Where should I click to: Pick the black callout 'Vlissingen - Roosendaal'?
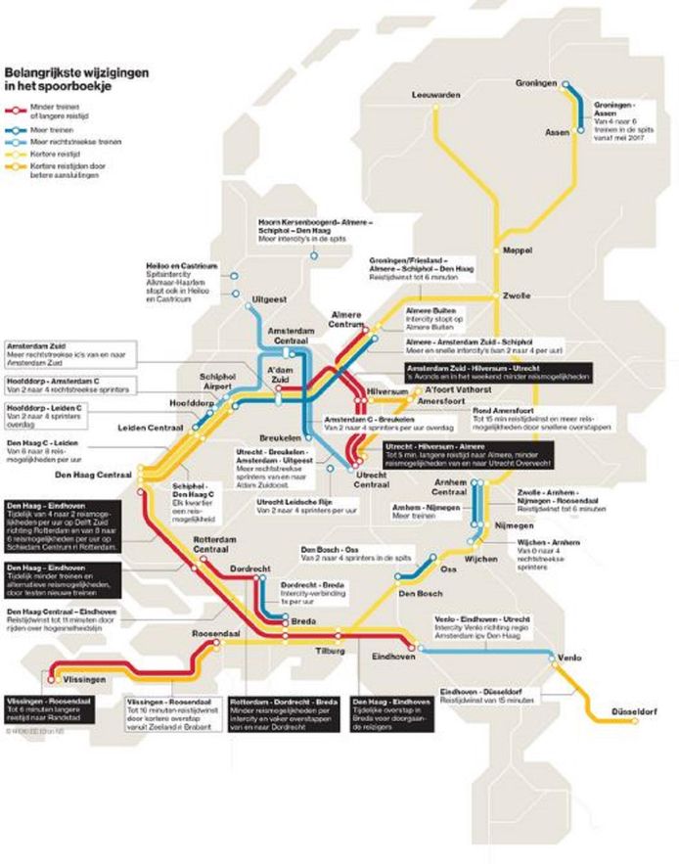point(51,711)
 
